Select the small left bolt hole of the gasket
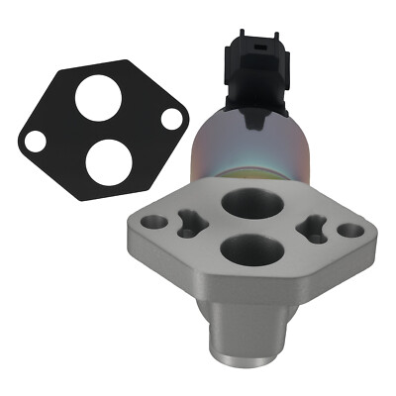[x=37, y=141]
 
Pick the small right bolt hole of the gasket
[x=171, y=118]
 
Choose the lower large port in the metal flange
[x=245, y=248]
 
